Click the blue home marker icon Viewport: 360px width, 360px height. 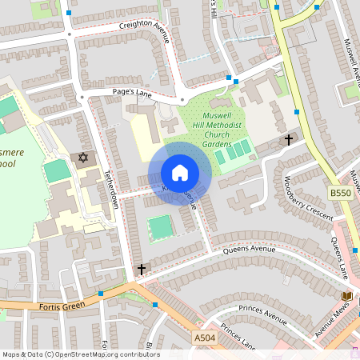(x=180, y=173)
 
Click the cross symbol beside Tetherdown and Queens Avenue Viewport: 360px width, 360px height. (x=142, y=270)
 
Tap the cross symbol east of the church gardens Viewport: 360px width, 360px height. (x=288, y=140)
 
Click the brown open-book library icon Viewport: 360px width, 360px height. (x=346, y=296)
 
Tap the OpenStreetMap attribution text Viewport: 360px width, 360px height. (x=80, y=354)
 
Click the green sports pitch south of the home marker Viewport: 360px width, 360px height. (x=161, y=226)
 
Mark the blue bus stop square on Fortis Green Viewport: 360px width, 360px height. (x=101, y=294)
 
